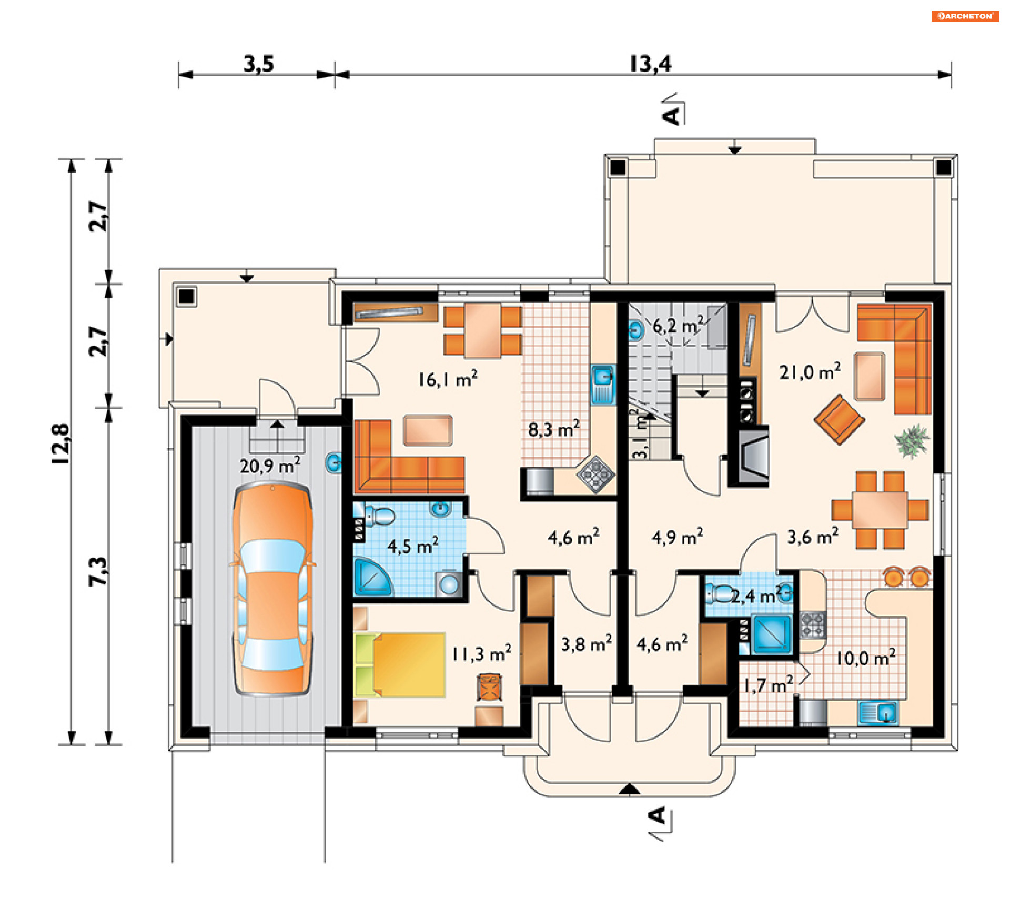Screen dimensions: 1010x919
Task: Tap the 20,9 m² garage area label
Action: (270, 465)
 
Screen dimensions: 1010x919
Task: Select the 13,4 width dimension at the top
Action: (650, 64)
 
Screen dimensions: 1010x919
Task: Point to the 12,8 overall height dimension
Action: (61, 443)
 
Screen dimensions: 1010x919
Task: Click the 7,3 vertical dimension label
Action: (98, 571)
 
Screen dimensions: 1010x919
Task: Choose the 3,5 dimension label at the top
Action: (259, 64)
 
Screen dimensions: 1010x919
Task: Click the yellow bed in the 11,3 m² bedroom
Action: (400, 665)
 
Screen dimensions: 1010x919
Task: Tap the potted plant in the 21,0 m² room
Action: (912, 440)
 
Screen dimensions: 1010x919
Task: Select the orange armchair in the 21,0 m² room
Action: (839, 419)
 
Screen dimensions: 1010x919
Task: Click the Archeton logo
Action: (965, 16)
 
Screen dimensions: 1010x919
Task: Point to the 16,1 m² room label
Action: (448, 379)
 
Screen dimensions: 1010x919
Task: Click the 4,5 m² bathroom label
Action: (413, 546)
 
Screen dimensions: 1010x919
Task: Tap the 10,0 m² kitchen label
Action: (866, 658)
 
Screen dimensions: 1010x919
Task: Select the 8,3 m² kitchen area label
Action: (554, 429)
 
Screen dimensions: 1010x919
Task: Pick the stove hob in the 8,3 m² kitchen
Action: (595, 474)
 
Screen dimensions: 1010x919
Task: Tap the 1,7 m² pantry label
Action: (768, 685)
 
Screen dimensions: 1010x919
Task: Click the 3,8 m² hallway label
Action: (587, 643)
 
